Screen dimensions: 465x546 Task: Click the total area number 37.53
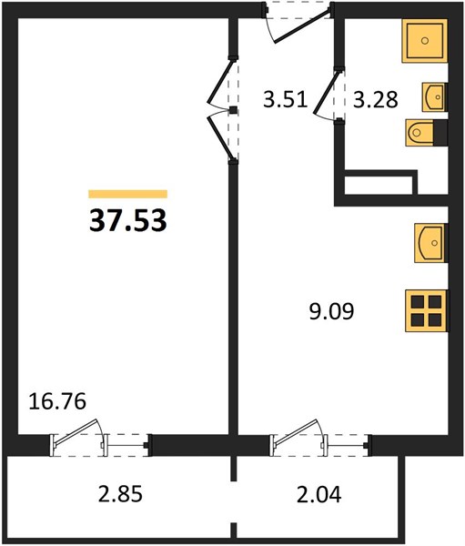click(127, 221)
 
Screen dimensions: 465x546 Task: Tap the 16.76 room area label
click(57, 401)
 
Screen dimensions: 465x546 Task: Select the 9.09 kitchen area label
click(331, 311)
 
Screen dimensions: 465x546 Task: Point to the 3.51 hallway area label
click(285, 99)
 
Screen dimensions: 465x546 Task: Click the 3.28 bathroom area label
click(376, 99)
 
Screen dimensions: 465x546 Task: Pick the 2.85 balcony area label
click(120, 494)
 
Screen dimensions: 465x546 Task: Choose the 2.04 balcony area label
click(318, 494)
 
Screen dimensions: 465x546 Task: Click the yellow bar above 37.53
click(127, 194)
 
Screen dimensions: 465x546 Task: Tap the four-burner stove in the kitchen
click(427, 310)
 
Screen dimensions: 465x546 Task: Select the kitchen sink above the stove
click(430, 243)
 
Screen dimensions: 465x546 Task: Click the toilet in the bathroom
click(420, 133)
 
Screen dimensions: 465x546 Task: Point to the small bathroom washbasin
click(434, 97)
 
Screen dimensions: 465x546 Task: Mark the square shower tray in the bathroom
click(425, 41)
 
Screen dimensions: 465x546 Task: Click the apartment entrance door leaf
click(302, 26)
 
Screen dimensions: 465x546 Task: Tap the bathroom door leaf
click(326, 93)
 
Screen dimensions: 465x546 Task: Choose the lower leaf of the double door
click(220, 138)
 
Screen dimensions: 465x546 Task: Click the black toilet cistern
click(440, 133)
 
